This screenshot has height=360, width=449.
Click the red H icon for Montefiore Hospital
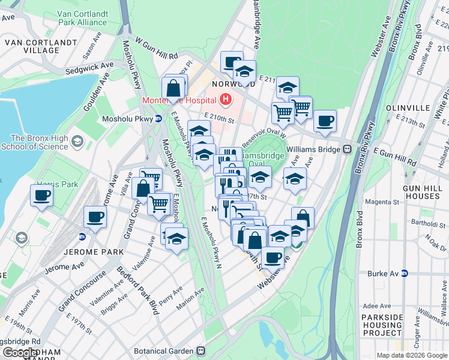[226, 99]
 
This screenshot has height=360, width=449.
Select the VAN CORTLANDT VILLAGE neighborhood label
[41, 47]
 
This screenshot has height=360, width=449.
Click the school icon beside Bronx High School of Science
[77, 141]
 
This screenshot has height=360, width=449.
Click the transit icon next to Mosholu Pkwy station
[158, 119]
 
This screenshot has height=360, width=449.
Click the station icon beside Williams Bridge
[347, 149]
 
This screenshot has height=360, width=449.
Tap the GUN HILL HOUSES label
[423, 193]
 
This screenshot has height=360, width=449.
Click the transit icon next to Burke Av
[405, 273]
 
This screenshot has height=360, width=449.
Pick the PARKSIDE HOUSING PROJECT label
[381, 325]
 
